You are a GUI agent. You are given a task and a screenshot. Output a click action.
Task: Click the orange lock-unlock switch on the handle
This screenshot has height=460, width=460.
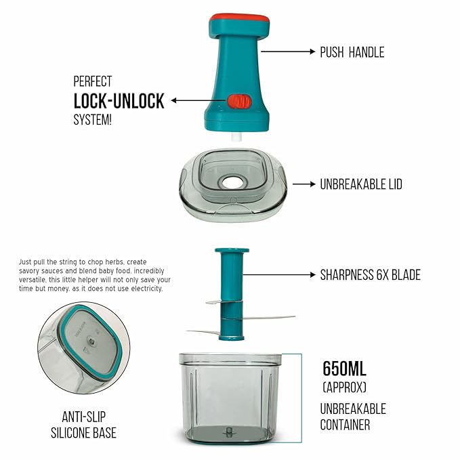pyautogui.click(x=239, y=102)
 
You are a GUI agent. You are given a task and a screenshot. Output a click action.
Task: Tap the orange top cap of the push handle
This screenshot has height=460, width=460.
pyautogui.click(x=239, y=18)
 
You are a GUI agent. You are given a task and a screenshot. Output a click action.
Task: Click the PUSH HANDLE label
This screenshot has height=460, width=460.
pyautogui.click(x=352, y=52)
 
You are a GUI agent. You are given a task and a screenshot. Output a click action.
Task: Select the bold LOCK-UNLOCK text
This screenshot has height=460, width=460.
pyautogui.click(x=119, y=101)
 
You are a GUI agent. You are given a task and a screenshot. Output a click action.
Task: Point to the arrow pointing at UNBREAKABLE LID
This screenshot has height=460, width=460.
pyautogui.click(x=304, y=184)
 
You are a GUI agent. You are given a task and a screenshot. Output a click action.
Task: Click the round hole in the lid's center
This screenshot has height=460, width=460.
pyautogui.click(x=232, y=183)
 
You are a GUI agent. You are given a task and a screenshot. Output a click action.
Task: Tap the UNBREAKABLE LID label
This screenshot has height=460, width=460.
pyautogui.click(x=361, y=184)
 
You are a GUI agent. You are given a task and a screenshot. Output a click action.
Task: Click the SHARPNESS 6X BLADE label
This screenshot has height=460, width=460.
pyautogui.click(x=370, y=275)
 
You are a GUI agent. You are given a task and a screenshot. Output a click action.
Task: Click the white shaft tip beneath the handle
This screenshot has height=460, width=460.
pyautogui.click(x=236, y=137)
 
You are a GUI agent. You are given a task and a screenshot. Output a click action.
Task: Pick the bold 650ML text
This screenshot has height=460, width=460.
pyautogui.click(x=344, y=369)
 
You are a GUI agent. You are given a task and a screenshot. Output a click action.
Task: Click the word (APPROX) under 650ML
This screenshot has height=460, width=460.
pyautogui.click(x=344, y=388)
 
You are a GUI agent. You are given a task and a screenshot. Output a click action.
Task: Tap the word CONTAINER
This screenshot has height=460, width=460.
pyautogui.click(x=345, y=425)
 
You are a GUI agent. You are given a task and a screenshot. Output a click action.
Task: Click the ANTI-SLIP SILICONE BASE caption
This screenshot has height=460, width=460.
pyautogui.click(x=83, y=425)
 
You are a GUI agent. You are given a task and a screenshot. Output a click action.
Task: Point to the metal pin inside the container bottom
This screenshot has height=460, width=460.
pyautogui.click(x=228, y=432)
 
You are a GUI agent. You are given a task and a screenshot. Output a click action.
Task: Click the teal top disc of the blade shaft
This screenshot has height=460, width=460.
pyautogui.click(x=232, y=251)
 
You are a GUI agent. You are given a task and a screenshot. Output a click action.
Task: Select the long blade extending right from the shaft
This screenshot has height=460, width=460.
pyautogui.click(x=268, y=318)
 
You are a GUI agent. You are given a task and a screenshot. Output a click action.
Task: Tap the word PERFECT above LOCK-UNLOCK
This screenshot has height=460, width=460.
pyautogui.click(x=92, y=81)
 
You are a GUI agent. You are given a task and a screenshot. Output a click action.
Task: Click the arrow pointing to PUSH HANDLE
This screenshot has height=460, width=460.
pyautogui.click(x=288, y=51)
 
